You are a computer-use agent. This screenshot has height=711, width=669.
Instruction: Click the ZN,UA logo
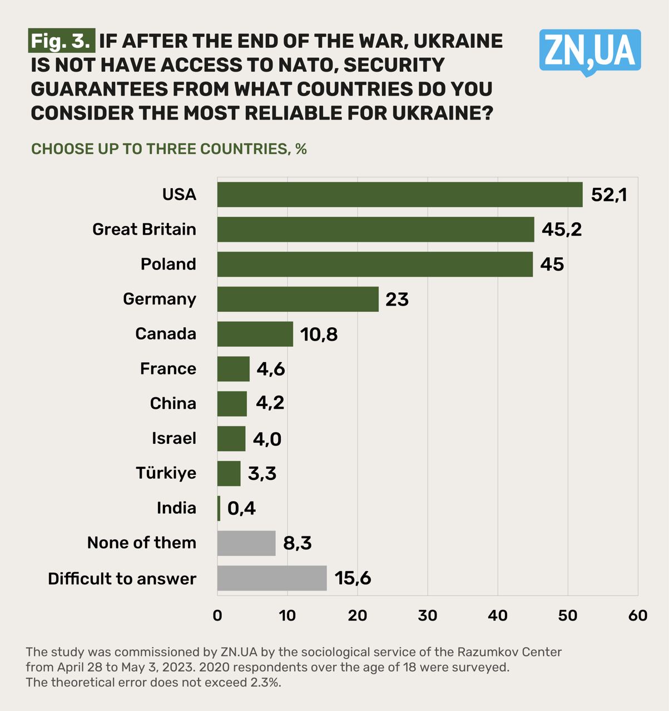tap(589, 51)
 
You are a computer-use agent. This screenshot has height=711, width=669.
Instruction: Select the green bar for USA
tap(399, 194)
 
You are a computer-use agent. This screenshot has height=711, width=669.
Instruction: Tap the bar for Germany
tap(298, 299)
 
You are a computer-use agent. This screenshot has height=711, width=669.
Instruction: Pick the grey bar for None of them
tap(246, 543)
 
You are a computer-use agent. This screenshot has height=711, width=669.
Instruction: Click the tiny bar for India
tap(219, 508)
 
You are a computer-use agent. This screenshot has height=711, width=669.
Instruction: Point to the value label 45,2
tap(562, 229)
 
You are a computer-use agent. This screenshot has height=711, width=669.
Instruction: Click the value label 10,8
tap(319, 334)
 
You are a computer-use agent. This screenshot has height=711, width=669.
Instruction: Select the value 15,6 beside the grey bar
tap(353, 578)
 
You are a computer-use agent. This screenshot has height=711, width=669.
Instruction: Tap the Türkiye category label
tap(166, 473)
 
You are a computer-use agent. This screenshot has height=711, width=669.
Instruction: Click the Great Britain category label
tap(144, 229)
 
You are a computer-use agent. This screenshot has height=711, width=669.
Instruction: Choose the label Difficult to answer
tap(122, 579)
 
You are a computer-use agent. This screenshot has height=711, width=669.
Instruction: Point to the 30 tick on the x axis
tap(428, 615)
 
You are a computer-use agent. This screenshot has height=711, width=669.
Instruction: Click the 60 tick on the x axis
tap(638, 615)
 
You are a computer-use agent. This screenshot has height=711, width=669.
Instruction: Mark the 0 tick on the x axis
tap(217, 615)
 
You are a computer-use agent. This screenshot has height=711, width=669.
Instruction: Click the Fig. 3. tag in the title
tap(61, 41)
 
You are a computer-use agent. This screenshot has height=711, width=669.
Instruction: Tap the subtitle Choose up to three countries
tap(169, 149)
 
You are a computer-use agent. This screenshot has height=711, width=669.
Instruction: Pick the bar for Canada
tap(255, 334)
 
